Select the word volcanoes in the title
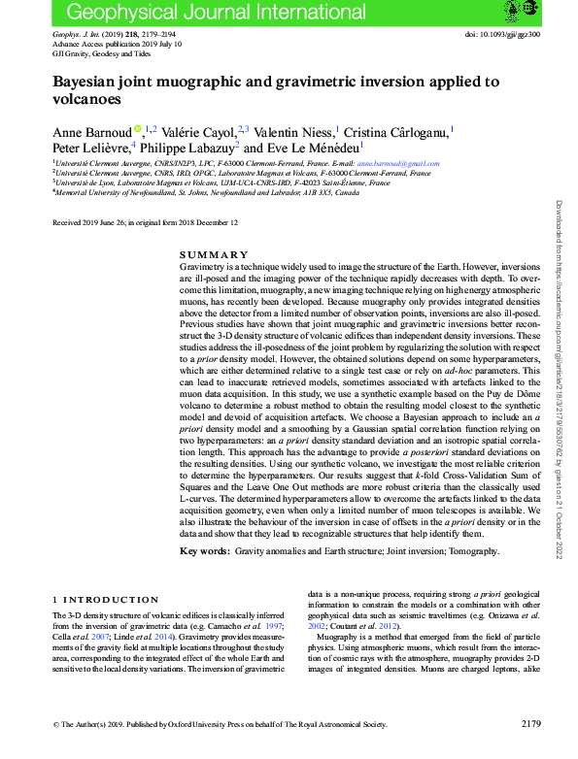click(86, 99)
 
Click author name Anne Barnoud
click(91, 130)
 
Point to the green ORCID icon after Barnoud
click(138, 128)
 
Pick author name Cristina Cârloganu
click(395, 130)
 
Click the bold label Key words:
click(205, 551)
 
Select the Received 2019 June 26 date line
click(145, 222)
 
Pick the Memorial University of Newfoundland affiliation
click(207, 192)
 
